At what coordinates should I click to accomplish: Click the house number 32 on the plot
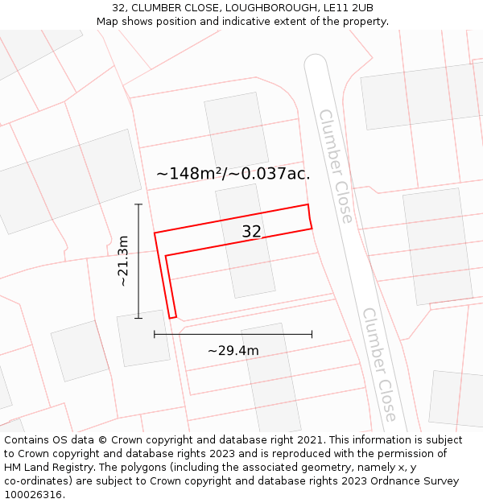tap(251, 232)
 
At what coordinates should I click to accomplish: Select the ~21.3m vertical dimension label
tap(123, 261)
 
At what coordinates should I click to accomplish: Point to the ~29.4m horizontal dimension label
tap(233, 350)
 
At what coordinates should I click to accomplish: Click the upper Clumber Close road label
tap(336, 166)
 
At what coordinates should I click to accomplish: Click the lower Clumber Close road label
tap(378, 364)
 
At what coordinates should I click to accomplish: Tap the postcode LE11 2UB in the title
tap(351, 8)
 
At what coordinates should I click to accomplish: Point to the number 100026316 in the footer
tap(33, 495)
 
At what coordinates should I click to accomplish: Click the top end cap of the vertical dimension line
tap(138, 204)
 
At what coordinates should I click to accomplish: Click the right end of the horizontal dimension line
tap(312, 334)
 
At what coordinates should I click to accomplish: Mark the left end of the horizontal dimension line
tap(155, 334)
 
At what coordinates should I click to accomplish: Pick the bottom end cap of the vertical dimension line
tap(138, 318)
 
